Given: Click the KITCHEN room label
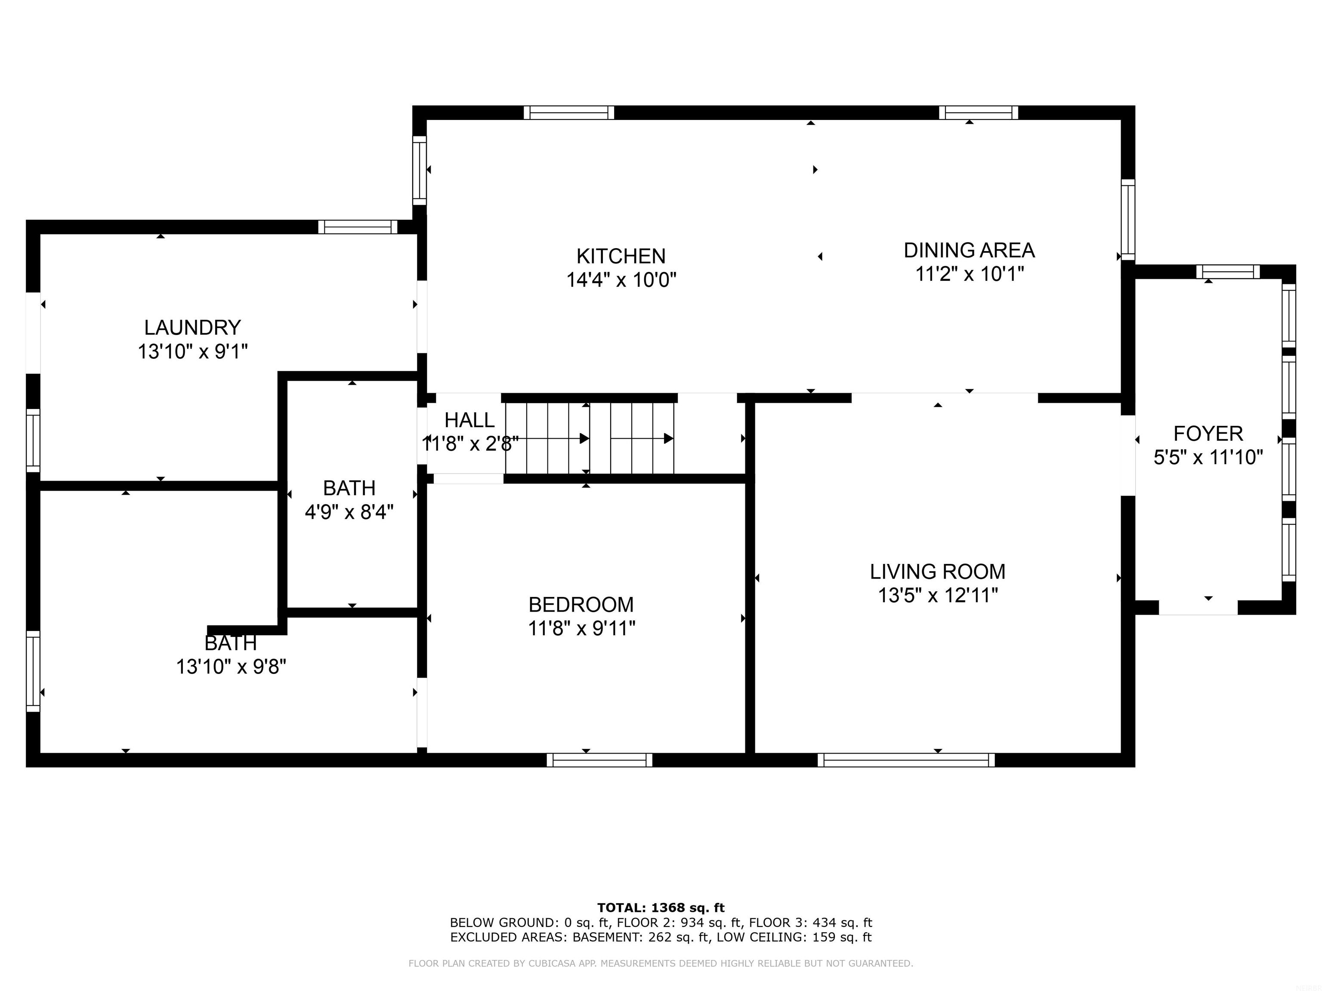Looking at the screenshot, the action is click(x=621, y=256).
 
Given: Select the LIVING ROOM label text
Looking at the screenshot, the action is click(x=937, y=572).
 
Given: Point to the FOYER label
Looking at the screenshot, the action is click(x=1208, y=433).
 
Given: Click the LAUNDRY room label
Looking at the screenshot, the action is click(x=192, y=327).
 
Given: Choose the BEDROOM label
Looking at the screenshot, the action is click(x=581, y=604).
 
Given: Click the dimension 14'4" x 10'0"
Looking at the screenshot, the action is click(x=621, y=280).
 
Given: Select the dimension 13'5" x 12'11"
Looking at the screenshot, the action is click(x=938, y=596).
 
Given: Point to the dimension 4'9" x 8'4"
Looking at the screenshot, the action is click(x=349, y=512).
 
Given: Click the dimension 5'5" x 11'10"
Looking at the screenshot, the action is click(x=1208, y=458).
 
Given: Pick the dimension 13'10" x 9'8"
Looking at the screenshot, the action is click(x=231, y=667).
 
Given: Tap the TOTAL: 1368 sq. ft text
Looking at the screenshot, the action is click(x=661, y=908).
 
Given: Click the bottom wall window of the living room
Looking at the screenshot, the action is click(x=906, y=760).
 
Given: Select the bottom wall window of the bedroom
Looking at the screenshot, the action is click(x=599, y=760).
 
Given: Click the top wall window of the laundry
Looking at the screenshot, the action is click(x=357, y=227).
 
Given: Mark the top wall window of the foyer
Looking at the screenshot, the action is click(x=1228, y=272).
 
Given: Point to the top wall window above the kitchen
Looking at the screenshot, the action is click(x=569, y=112).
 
